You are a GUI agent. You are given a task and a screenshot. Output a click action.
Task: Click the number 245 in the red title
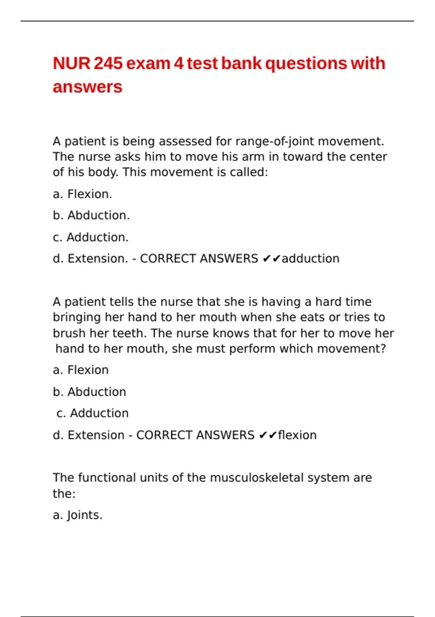tap(108, 64)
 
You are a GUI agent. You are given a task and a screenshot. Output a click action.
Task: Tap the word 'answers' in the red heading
tap(87, 87)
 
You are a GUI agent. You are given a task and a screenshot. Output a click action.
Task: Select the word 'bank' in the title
tap(241, 64)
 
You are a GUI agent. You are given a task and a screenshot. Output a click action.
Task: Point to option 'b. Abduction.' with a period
tap(91, 215)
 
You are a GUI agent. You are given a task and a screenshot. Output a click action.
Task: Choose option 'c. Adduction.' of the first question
tap(91, 237)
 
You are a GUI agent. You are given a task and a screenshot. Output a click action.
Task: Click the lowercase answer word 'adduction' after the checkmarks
tap(311, 258)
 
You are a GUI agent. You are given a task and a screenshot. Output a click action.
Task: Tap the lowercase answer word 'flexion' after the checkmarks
tap(297, 435)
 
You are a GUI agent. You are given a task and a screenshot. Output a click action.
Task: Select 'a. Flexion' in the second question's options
tap(80, 370)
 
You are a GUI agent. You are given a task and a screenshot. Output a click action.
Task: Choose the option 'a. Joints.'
tap(78, 515)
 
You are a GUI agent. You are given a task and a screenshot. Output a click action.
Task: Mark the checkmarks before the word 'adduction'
tap(271, 258)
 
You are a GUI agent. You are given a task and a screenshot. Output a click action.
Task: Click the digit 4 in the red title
tap(178, 64)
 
